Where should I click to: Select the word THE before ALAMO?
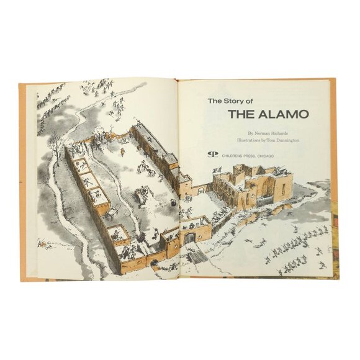point(241,114)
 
